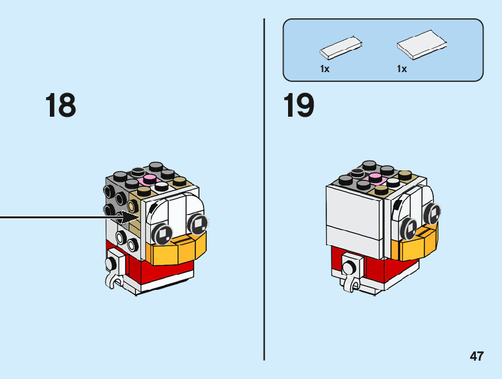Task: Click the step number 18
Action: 60,106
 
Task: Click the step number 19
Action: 299,106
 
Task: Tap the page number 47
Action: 476,356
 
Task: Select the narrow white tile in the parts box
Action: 340,47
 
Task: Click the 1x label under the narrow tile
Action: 325,69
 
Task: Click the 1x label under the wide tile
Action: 402,69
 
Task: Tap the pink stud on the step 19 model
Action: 375,178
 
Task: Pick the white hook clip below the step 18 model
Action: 115,273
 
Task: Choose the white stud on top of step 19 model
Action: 392,183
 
